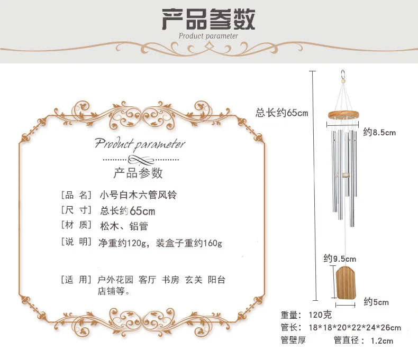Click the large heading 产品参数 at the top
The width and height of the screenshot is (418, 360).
(x=208, y=19)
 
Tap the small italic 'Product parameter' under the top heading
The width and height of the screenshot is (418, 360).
(x=208, y=36)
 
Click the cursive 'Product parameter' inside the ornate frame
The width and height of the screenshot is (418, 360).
(x=140, y=143)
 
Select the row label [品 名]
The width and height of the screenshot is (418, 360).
(x=76, y=195)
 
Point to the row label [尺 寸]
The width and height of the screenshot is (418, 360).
(x=76, y=210)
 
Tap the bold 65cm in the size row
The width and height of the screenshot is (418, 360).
(x=142, y=211)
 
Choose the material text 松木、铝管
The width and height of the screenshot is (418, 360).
(x=124, y=226)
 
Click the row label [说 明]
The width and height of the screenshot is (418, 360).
(x=76, y=243)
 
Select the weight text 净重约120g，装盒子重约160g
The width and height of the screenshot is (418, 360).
(x=160, y=243)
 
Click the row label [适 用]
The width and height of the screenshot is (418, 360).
(x=76, y=280)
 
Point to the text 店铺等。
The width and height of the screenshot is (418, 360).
(x=113, y=291)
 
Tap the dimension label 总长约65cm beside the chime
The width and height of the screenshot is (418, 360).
(x=281, y=113)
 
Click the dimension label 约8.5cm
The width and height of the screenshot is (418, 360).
(x=379, y=133)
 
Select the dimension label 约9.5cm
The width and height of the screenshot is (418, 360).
(x=340, y=259)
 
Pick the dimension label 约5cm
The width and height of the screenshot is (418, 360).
(x=376, y=302)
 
